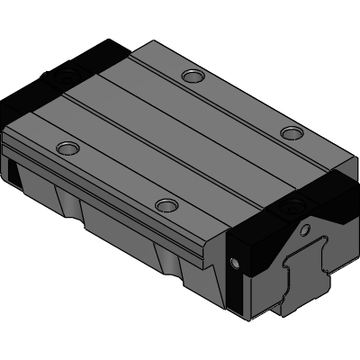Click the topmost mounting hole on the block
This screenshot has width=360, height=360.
[x=191, y=76]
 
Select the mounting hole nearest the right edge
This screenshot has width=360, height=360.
[x=290, y=133]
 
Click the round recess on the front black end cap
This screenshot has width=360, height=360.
[x=293, y=209]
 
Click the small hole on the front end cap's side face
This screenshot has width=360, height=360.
[x=236, y=263]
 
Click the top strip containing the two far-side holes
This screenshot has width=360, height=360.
[x=225, y=99]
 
